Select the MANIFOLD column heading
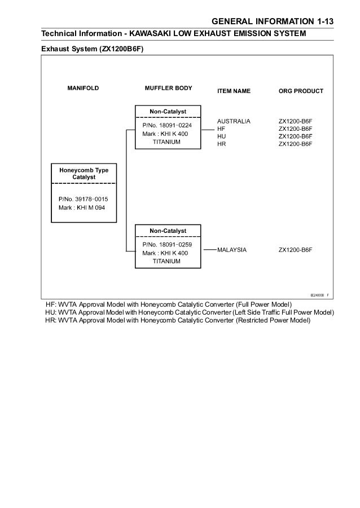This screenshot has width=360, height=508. [84, 89]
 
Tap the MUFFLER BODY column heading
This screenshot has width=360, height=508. [168, 89]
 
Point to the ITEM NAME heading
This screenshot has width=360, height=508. [234, 91]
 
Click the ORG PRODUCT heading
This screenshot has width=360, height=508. [301, 91]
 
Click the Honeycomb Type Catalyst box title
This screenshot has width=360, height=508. [84, 174]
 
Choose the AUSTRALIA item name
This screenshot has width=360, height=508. [234, 121]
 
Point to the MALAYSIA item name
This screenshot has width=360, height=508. [232, 249]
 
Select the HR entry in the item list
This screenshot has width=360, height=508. [221, 144]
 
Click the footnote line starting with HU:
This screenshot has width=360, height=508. [189, 312]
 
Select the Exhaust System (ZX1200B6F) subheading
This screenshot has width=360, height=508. [93, 49]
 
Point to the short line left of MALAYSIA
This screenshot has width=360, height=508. [209, 249]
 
